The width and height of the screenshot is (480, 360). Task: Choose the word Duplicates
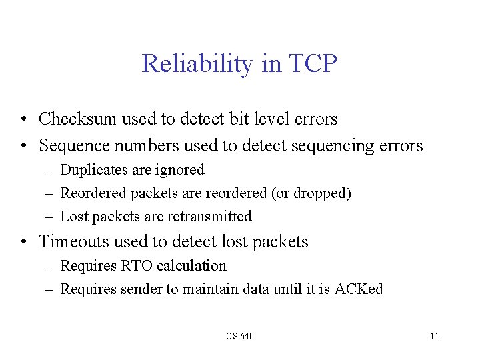[x=94, y=170]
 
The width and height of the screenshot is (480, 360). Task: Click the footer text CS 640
[x=240, y=336]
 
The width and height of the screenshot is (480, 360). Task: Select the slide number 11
[x=434, y=336]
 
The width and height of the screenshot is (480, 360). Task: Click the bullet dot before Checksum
[x=23, y=120]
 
